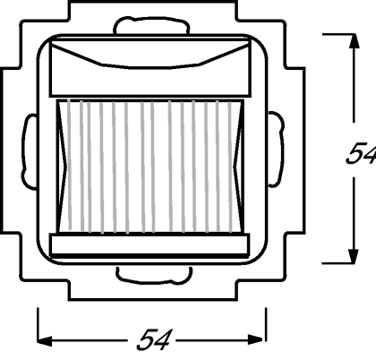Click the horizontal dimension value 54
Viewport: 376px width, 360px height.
154,339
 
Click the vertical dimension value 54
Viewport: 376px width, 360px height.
361,153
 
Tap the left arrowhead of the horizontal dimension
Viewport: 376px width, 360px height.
45,340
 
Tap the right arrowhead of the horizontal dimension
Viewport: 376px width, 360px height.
255,339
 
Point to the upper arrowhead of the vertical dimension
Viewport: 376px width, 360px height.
354,41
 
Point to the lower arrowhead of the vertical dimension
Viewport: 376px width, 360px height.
354,256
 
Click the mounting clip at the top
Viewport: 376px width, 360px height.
151,25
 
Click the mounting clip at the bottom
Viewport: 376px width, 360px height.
154,275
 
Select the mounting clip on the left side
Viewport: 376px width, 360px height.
29,151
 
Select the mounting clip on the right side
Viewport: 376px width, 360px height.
276,150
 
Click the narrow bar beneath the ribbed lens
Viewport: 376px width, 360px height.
150,245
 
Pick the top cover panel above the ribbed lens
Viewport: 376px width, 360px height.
150,67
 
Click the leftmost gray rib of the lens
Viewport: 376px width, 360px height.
69,165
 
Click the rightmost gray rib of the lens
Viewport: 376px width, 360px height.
230,167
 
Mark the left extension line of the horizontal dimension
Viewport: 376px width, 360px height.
38,325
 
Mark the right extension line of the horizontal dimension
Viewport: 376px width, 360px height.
266,324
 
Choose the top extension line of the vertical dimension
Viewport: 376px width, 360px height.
339,34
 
